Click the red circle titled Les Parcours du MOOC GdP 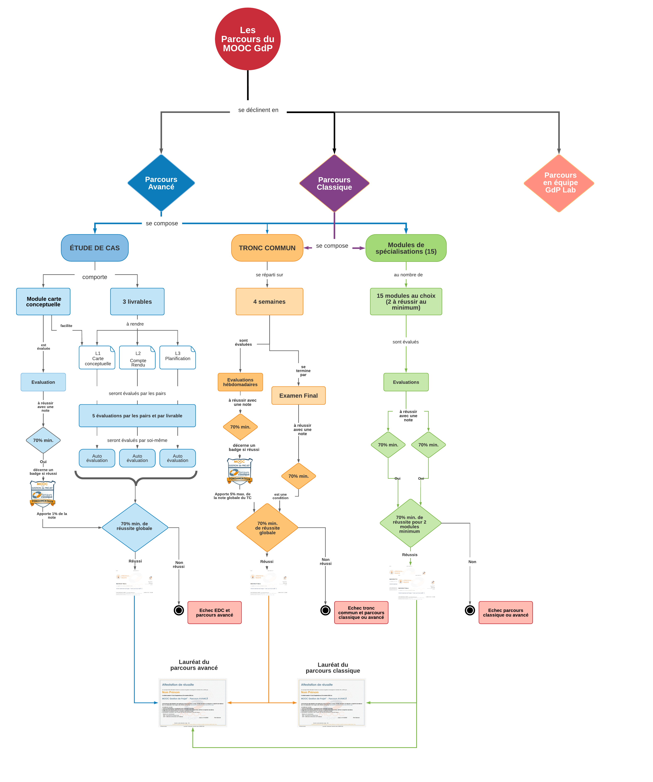248,39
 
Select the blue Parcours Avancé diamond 161,183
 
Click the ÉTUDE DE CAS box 95,248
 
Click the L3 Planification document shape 177,357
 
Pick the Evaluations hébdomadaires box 240,382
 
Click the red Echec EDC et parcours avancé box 214,612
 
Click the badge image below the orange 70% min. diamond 240,471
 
